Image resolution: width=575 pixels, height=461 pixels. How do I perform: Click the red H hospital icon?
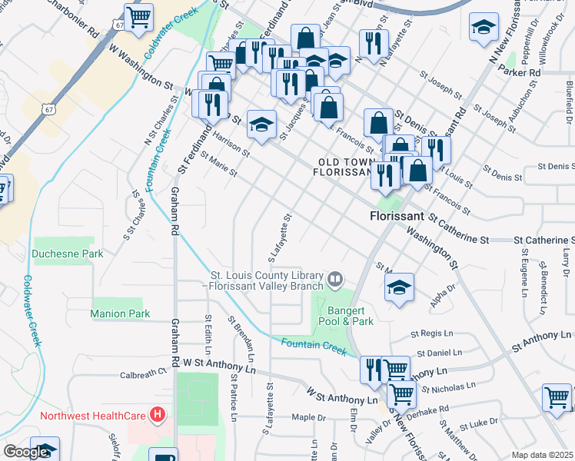[158, 416]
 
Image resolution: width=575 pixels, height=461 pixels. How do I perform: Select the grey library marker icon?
[334, 277]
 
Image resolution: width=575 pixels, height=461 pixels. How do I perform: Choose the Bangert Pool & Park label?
[342, 316]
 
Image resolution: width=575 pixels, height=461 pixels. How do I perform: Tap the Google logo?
[25, 452]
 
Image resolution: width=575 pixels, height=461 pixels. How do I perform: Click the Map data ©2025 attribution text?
[542, 455]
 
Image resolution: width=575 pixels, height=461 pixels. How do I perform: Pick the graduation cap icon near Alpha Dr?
[399, 288]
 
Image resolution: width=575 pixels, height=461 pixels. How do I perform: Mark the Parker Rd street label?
[520, 71]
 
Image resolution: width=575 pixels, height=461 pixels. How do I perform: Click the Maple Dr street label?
[310, 418]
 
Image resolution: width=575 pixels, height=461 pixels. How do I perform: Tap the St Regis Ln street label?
[434, 334]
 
